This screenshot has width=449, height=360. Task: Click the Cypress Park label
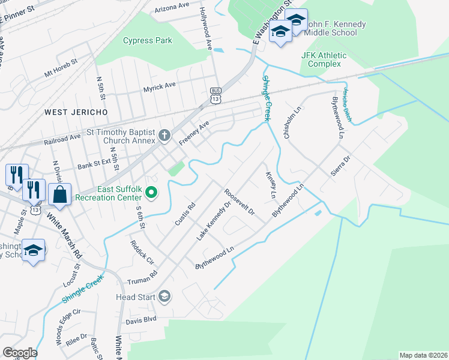147,41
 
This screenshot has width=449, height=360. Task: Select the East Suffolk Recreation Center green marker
151,193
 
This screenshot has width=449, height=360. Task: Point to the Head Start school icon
164,296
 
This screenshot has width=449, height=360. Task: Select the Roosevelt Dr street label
240,202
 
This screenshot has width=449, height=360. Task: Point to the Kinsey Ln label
271,185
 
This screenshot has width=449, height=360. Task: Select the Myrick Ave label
159,86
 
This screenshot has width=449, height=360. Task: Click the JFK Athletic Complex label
324,59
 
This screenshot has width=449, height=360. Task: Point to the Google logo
20,353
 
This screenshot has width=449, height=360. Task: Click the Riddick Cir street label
142,253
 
